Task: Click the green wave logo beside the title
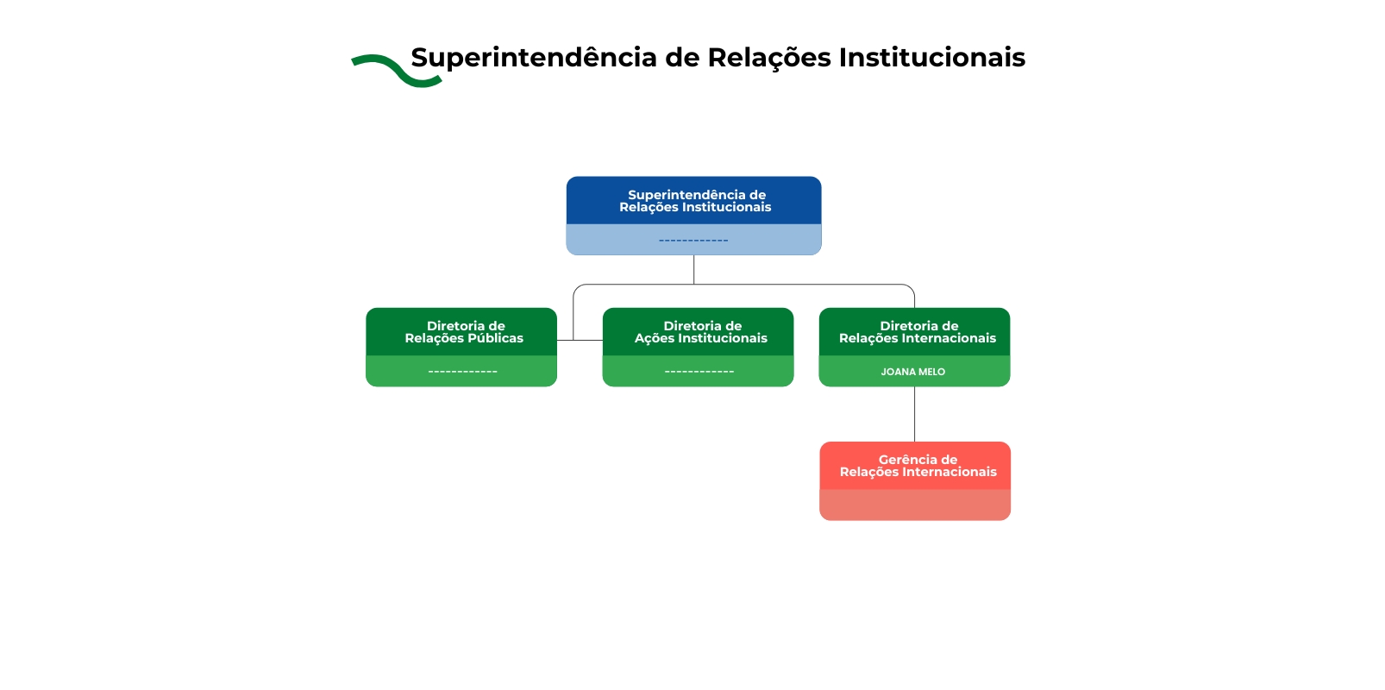[396, 71]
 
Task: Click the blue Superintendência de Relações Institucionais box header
[694, 201]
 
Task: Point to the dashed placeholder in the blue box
[693, 241]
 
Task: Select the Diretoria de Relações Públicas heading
[464, 332]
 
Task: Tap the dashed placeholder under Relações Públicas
[462, 372]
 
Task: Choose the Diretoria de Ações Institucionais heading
[700, 332]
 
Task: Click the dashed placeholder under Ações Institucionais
[699, 372]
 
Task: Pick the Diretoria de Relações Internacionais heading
[917, 332]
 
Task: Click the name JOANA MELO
[912, 372]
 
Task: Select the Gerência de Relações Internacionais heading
[918, 466]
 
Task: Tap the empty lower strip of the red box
[915, 505]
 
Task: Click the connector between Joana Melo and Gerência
[915, 414]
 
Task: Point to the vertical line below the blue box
[694, 269]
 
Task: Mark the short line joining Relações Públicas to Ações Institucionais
[580, 341]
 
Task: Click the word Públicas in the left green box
[495, 338]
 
